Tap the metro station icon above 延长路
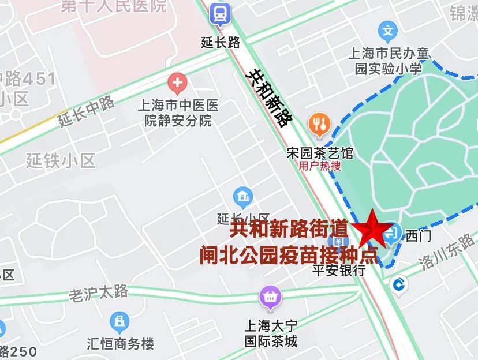(x=220, y=13)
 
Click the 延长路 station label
(x=220, y=42)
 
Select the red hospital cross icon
(x=177, y=84)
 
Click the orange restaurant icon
(x=319, y=123)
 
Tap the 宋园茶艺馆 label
(x=319, y=153)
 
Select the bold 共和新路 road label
(x=268, y=97)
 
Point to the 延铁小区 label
(x=61, y=160)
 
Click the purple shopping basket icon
(x=269, y=297)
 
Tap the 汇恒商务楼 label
(x=119, y=344)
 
